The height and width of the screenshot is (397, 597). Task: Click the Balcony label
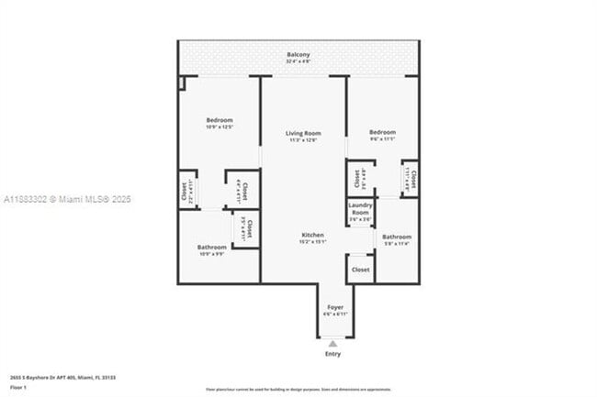(x=298, y=54)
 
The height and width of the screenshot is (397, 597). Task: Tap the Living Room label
(x=302, y=134)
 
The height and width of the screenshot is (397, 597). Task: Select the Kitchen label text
(x=313, y=235)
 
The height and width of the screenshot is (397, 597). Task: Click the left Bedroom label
(x=219, y=120)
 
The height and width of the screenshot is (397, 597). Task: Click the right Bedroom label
(x=382, y=132)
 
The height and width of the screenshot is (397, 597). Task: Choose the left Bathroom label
(x=211, y=247)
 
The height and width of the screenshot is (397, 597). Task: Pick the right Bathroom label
(x=397, y=237)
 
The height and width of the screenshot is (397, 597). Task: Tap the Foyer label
(x=334, y=308)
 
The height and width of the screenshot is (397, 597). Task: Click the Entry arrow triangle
(x=332, y=343)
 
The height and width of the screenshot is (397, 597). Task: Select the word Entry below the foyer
(x=332, y=354)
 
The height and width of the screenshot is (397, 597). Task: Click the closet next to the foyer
(x=360, y=270)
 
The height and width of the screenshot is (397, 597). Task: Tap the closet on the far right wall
(x=410, y=178)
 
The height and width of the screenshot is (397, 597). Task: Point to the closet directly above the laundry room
(x=359, y=179)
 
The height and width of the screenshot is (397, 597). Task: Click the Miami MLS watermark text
(x=67, y=199)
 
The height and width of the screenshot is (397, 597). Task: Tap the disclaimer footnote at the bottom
(x=298, y=388)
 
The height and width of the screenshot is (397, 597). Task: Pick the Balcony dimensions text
(x=298, y=62)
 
